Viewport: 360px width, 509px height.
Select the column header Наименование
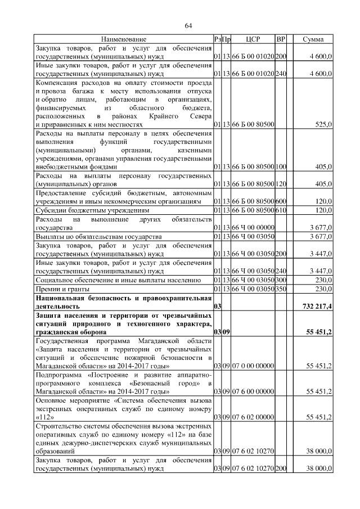124,39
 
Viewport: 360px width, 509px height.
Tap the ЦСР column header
253,39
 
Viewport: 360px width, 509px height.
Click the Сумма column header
313,39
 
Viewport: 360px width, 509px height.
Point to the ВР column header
281,39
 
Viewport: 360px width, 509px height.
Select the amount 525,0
323,124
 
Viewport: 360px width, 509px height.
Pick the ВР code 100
281,167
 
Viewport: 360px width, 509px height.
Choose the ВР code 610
281,210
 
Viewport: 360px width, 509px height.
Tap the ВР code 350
281,289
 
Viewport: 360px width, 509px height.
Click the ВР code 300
281,280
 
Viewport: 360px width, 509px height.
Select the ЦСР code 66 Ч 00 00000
253,228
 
